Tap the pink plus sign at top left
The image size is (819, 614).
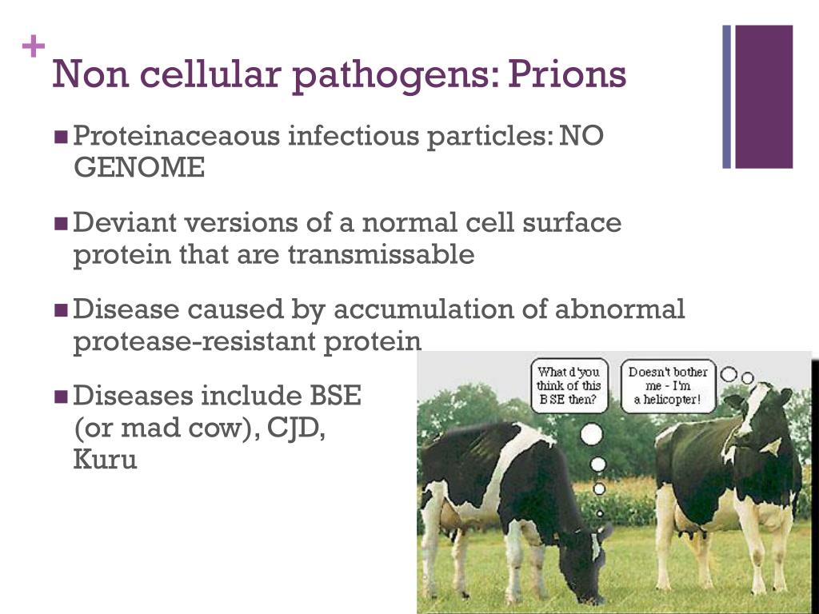tap(33, 48)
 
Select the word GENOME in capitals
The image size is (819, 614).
tap(138, 169)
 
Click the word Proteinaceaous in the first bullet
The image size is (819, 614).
tap(177, 137)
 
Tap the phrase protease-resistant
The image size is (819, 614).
tap(194, 341)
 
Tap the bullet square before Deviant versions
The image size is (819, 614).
tap(62, 224)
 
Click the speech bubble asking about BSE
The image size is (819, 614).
tap(569, 386)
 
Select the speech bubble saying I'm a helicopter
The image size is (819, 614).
tap(668, 385)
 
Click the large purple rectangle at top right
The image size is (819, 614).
tap(764, 97)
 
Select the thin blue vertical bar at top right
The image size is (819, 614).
tap(727, 97)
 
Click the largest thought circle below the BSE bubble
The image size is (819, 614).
tap(591, 434)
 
